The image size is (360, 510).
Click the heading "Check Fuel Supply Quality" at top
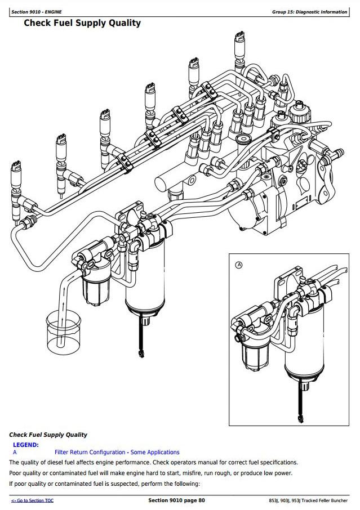click(x=82, y=23)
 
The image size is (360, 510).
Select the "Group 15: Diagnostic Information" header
click(x=309, y=12)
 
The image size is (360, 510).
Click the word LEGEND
click(x=26, y=445)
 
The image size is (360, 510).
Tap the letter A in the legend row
click(x=15, y=452)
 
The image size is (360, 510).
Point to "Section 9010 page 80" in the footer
click(x=176, y=500)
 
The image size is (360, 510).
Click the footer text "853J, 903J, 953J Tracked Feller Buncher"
click(x=309, y=500)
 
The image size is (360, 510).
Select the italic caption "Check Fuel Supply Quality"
click(x=48, y=435)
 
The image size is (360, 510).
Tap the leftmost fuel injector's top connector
click(x=16, y=167)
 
